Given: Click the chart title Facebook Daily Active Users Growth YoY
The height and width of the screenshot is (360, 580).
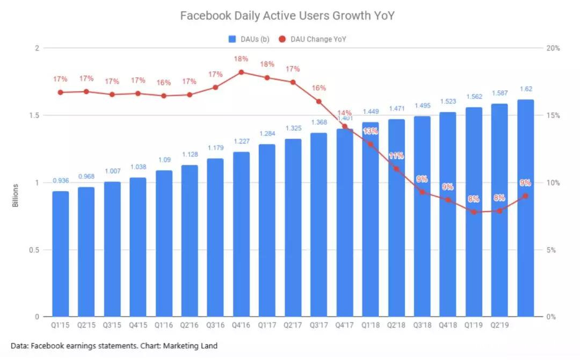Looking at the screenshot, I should pyautogui.click(x=287, y=16).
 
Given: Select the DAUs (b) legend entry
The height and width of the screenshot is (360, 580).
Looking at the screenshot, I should pyautogui.click(x=249, y=39).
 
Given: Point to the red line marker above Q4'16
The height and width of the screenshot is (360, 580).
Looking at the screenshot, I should pyautogui.click(x=241, y=72).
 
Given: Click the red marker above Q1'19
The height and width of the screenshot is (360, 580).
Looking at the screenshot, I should pyautogui.click(x=474, y=212).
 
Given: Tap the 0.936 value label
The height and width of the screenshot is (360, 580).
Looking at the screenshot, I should pyautogui.click(x=60, y=181).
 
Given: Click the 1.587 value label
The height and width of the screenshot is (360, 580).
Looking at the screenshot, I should pyautogui.click(x=499, y=93).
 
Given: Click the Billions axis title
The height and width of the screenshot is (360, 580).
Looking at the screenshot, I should pyautogui.click(x=16, y=196).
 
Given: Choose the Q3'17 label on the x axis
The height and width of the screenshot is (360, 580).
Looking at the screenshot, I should pyautogui.click(x=318, y=325).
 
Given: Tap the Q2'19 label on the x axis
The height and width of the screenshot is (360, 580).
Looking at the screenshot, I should pyautogui.click(x=499, y=325).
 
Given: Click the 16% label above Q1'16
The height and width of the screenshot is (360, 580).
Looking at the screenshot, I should pyautogui.click(x=164, y=83).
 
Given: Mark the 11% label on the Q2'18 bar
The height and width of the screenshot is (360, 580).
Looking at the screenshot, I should pyautogui.click(x=396, y=156).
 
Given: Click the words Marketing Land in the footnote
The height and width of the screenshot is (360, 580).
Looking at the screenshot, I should pyautogui.click(x=195, y=346).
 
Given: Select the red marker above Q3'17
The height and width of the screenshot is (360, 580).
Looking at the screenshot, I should pyautogui.click(x=318, y=101).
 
